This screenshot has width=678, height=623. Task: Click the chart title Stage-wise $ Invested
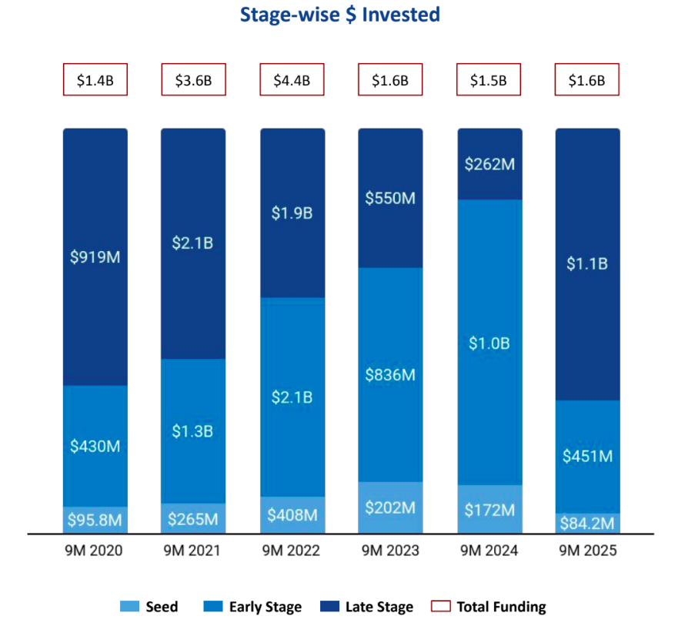click(339, 15)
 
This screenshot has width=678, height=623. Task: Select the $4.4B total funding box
click(292, 80)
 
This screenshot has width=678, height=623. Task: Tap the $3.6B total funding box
click(193, 80)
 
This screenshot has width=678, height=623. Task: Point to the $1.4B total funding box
click(95, 80)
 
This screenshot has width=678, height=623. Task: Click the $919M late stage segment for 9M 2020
click(95, 256)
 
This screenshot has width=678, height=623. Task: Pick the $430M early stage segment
click(95, 445)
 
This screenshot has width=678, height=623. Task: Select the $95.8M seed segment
click(95, 520)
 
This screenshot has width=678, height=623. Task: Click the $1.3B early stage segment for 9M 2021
click(193, 430)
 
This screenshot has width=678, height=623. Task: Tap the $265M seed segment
click(193, 518)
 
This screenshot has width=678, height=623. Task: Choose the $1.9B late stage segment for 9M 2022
click(292, 213)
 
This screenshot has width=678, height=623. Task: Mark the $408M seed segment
click(292, 514)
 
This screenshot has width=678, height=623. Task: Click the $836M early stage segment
click(390, 375)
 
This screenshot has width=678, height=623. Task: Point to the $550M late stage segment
click(390, 198)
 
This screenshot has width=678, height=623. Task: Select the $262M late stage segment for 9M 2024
click(489, 164)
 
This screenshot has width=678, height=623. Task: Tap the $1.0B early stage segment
click(489, 343)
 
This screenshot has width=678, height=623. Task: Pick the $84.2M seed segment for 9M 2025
click(587, 524)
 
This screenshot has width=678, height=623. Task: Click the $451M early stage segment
click(587, 456)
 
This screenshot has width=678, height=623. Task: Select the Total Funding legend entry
click(490, 607)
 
